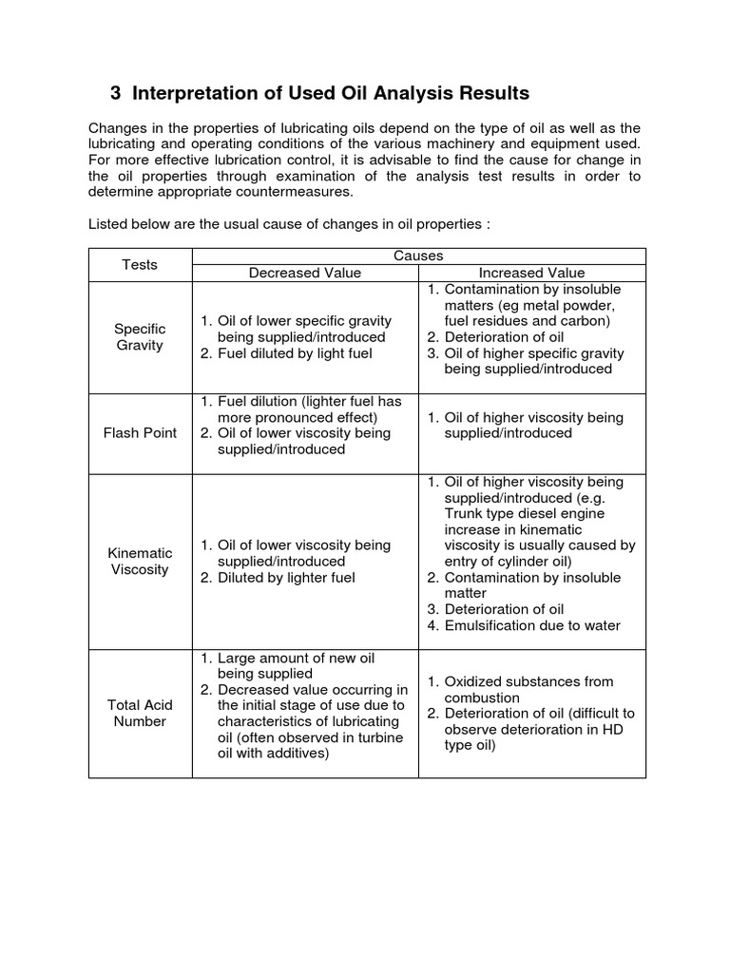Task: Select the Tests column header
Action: [140, 264]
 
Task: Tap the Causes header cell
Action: [419, 256]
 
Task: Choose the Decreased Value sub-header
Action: [305, 273]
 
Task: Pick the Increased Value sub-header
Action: [531, 273]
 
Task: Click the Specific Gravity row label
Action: [140, 336]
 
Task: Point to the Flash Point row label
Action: [140, 433]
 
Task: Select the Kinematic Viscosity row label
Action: [140, 561]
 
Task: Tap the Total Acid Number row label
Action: [140, 713]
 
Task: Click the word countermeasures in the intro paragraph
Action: [289, 192]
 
